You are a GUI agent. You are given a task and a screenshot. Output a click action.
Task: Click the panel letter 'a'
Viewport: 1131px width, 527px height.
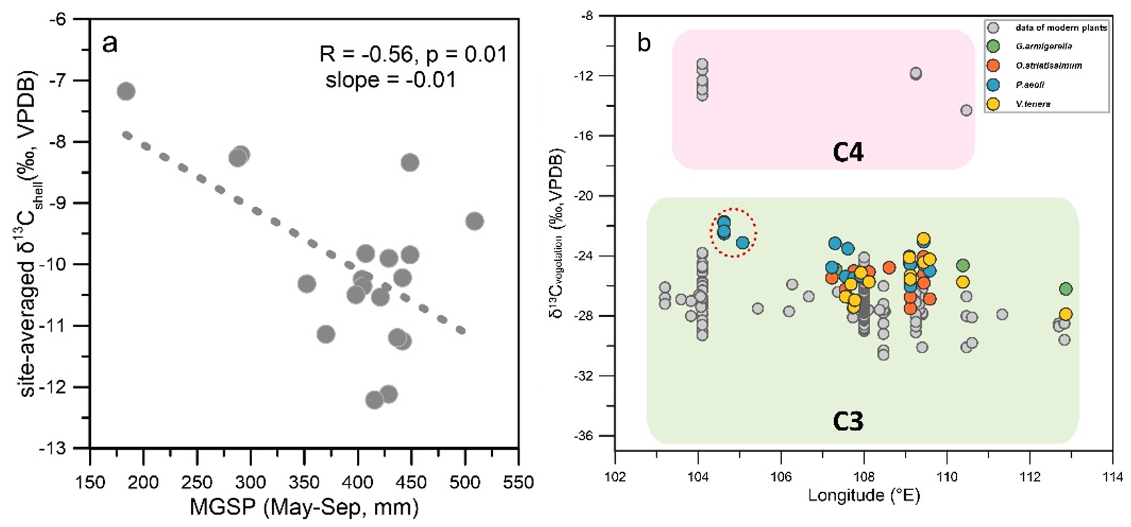[109, 44]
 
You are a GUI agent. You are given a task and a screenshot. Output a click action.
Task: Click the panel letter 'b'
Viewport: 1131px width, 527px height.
[644, 44]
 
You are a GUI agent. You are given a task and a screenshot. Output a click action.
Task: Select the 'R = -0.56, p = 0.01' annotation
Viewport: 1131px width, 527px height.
[413, 54]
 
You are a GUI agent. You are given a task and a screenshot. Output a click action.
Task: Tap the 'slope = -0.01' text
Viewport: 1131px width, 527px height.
[391, 80]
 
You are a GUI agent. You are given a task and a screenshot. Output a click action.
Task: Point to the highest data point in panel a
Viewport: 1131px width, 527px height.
[126, 91]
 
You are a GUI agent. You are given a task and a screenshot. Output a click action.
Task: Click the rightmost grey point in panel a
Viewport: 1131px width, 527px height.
[474, 221]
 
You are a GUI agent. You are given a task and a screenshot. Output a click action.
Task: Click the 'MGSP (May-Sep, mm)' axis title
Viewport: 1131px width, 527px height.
[304, 507]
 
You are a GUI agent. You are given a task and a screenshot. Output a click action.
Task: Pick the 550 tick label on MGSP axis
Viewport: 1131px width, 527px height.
[518, 483]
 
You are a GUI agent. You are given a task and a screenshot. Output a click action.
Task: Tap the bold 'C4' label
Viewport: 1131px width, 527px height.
[848, 152]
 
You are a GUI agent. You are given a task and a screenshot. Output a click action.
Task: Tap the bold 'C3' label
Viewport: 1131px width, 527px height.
[848, 421]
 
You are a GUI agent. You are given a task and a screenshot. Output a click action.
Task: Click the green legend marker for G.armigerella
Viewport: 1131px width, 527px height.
[993, 47]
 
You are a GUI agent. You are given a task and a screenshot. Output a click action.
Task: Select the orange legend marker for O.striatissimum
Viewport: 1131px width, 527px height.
[993, 65]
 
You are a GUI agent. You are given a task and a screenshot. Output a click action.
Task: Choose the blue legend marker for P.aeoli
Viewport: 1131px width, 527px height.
[993, 85]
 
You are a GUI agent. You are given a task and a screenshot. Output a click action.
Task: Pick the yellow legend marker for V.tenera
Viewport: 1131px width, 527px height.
[993, 104]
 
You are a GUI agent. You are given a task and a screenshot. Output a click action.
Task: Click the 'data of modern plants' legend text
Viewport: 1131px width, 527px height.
[1061, 28]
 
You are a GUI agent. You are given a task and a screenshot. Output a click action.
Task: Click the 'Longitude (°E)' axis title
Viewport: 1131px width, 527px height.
[863, 496]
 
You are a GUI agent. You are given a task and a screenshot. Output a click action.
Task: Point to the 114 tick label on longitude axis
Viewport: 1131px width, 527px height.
[1112, 477]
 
